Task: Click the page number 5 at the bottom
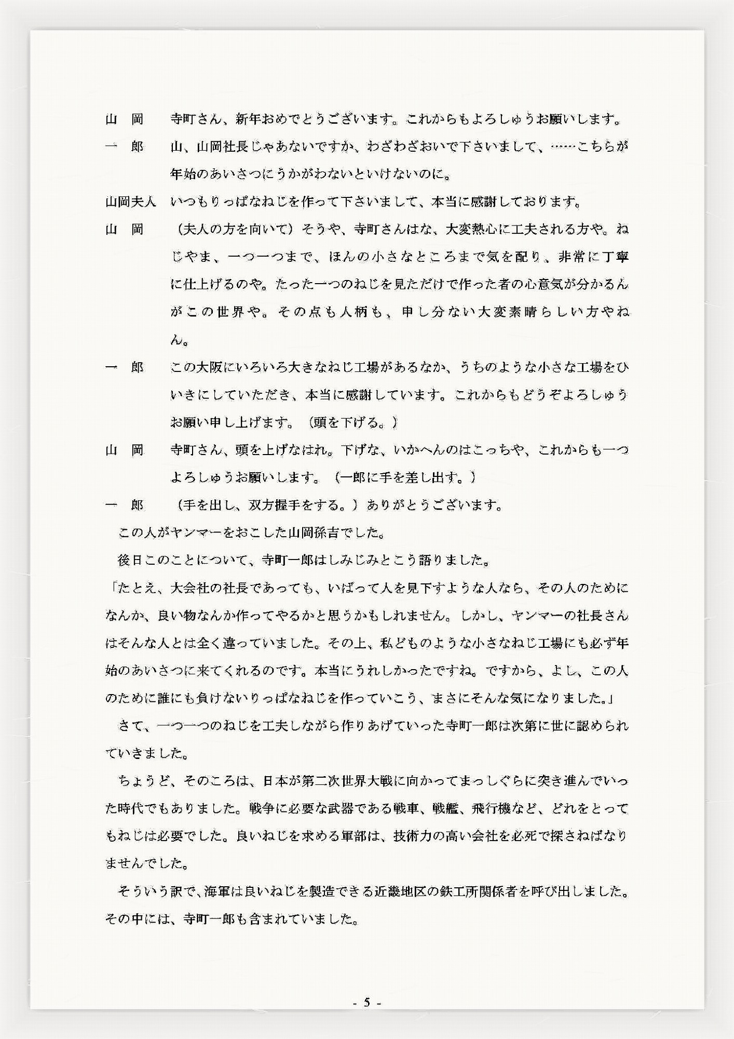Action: [366, 1003]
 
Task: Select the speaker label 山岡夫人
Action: [130, 201]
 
